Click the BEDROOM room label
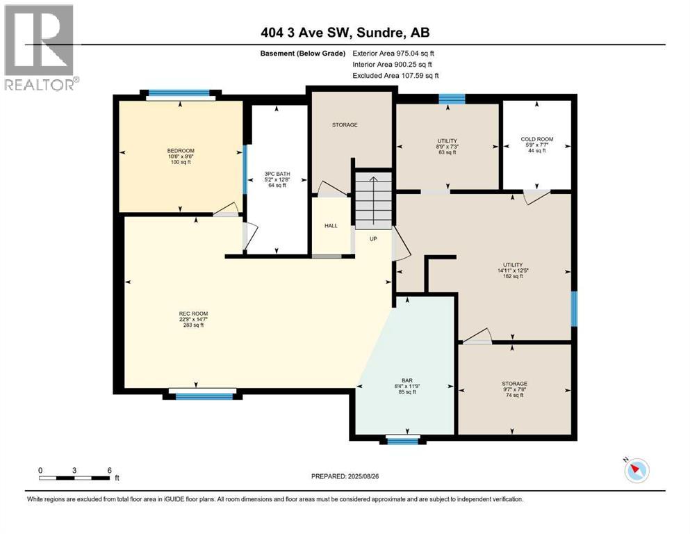[x=180, y=151]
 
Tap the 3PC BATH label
[x=277, y=172]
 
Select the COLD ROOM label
[x=536, y=139]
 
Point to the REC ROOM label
[x=193, y=314]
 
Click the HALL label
[x=331, y=225]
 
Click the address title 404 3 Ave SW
[x=345, y=33]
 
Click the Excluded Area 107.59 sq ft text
[x=396, y=75]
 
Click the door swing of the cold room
[x=536, y=197]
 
